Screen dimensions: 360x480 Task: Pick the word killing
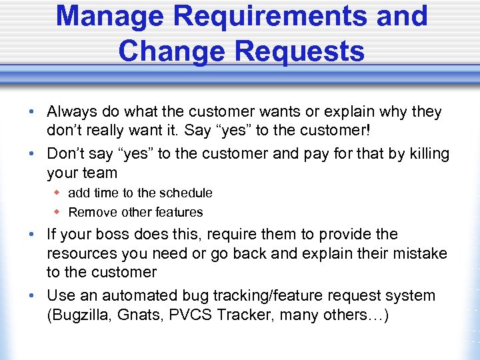click(x=426, y=154)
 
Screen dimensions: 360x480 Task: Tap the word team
click(x=100, y=173)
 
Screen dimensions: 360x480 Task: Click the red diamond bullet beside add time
click(x=57, y=193)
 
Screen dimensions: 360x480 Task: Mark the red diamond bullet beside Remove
click(x=57, y=212)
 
